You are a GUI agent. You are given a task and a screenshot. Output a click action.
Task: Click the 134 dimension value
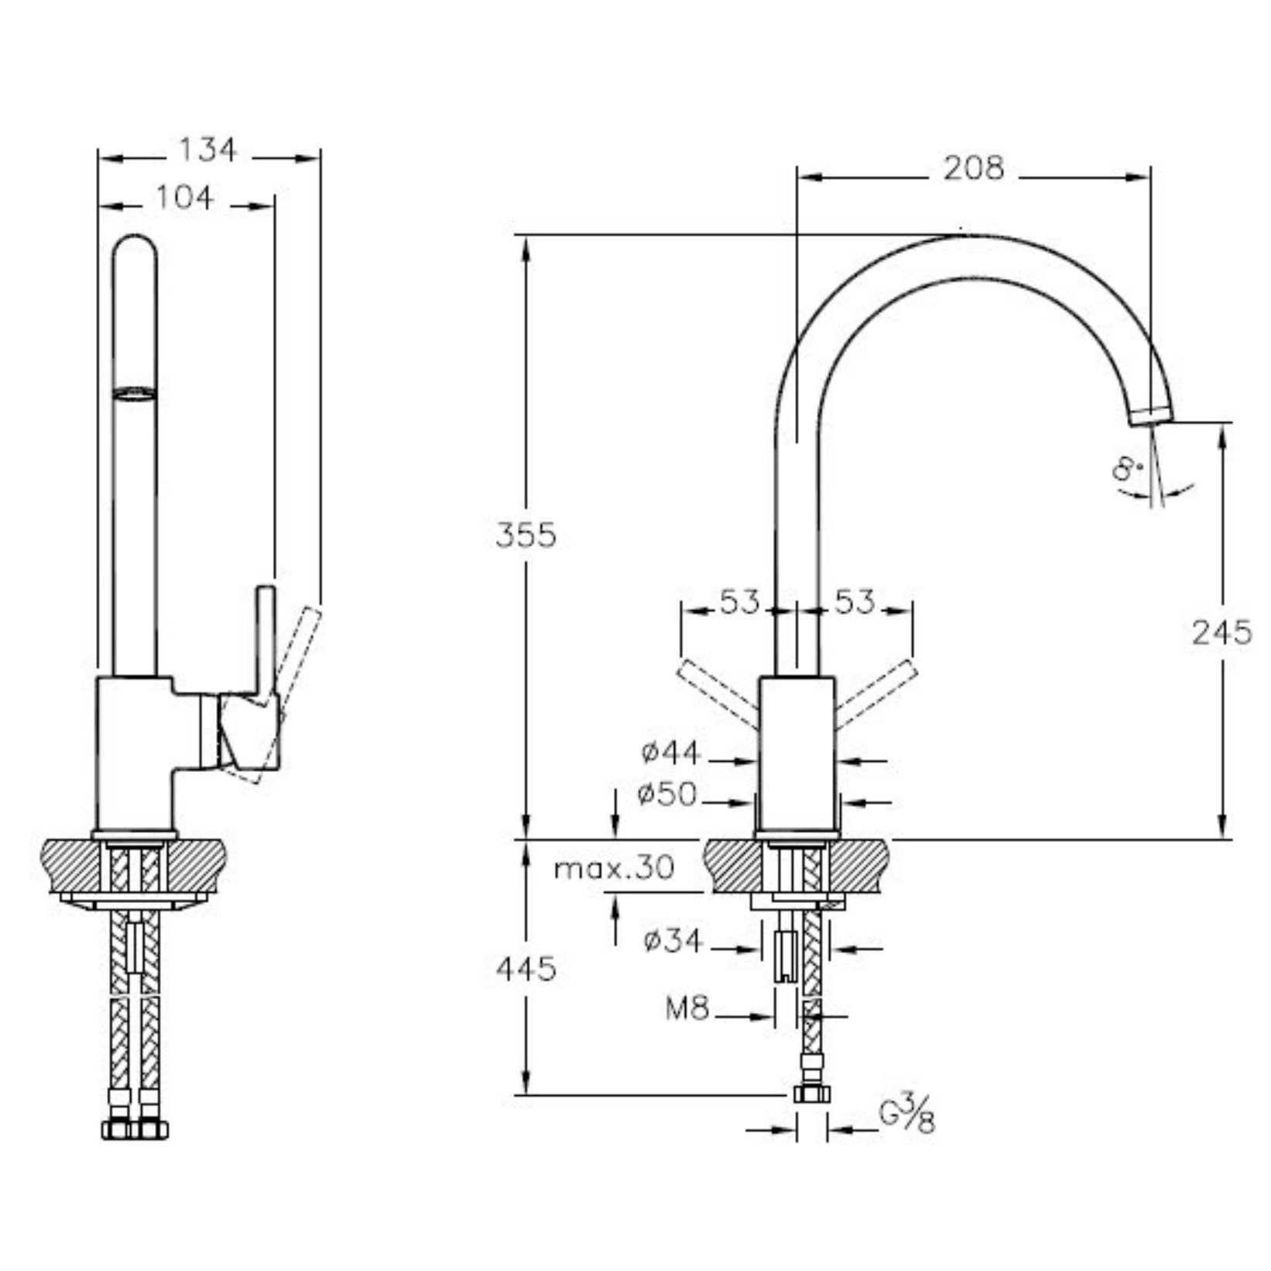click(207, 150)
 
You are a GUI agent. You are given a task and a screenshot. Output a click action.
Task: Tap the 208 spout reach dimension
click(973, 168)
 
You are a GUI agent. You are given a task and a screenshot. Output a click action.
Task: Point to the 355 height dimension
click(526, 536)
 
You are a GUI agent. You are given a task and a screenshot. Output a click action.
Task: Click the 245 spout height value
click(1221, 633)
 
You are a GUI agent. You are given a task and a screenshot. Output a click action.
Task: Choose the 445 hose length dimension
click(526, 969)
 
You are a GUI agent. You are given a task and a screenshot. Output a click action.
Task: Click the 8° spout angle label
click(1128, 469)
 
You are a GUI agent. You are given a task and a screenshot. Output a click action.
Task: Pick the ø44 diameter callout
click(671, 753)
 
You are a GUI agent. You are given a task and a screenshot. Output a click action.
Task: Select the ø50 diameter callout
click(668, 794)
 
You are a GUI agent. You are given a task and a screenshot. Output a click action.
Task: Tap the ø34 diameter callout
click(672, 942)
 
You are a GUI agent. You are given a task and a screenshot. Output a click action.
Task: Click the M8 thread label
click(687, 1008)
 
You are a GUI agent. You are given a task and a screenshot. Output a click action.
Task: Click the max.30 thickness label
click(614, 868)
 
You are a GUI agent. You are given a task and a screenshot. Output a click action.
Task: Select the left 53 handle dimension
click(739, 602)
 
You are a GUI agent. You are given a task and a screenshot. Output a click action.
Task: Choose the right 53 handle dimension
click(854, 602)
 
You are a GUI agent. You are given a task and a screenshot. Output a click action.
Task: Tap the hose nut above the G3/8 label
click(811, 1094)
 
